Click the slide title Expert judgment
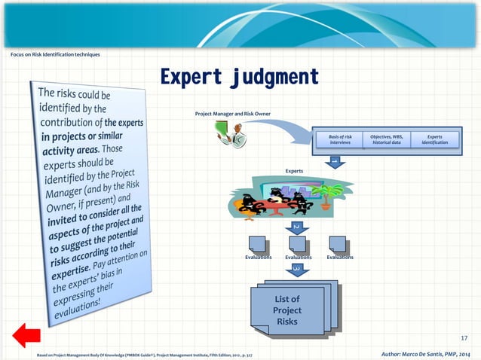click(x=239, y=78)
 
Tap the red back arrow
click(x=26, y=336)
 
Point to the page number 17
click(x=464, y=338)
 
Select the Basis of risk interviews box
click(x=340, y=139)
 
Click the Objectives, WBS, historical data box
click(x=386, y=139)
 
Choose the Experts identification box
click(x=435, y=139)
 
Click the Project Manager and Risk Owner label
click(x=232, y=114)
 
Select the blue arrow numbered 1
click(x=334, y=163)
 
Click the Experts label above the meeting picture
click(x=294, y=171)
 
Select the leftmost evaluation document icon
click(x=258, y=244)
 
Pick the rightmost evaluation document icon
click(x=339, y=244)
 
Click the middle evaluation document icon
click(x=299, y=244)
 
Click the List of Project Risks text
click(x=287, y=310)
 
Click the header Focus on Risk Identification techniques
click(x=55, y=53)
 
